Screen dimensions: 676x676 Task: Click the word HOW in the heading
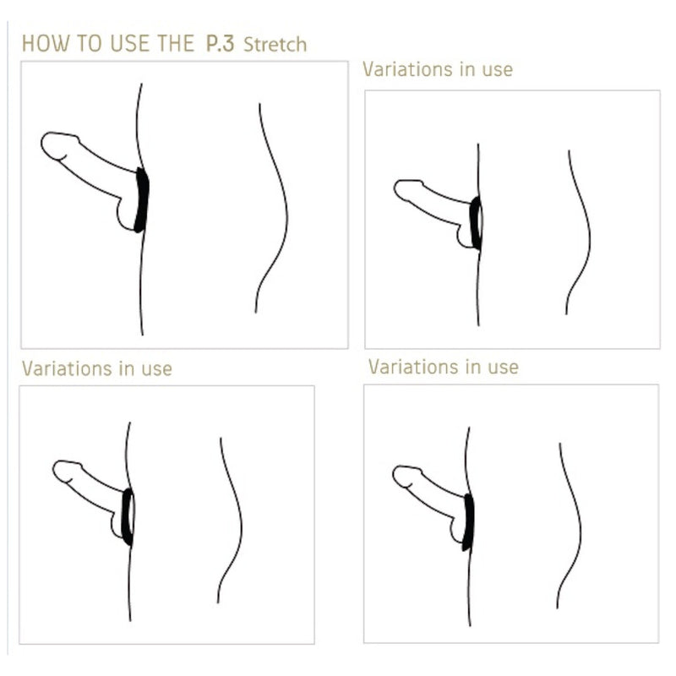(x=46, y=44)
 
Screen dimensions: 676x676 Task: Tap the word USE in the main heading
(x=130, y=44)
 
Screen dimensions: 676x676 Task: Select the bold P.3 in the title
(x=221, y=44)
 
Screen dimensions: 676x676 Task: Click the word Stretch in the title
(x=275, y=45)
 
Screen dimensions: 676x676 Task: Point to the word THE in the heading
(x=176, y=44)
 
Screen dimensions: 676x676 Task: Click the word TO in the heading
(x=90, y=44)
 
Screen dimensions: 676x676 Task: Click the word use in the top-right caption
(x=498, y=71)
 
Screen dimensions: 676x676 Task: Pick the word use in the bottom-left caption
(x=157, y=370)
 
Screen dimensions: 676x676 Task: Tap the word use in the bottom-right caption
(x=503, y=368)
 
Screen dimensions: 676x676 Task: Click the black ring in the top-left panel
(x=142, y=200)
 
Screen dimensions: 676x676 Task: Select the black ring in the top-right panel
(x=475, y=223)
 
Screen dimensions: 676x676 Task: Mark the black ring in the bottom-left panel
(x=127, y=517)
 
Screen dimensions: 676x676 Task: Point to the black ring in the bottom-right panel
(x=468, y=522)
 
